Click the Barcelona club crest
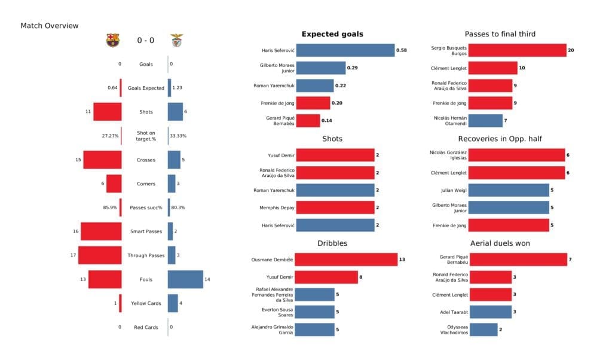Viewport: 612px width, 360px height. (112, 40)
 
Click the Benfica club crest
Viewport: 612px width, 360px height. (177, 40)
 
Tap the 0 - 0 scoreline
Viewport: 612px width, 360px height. (145, 41)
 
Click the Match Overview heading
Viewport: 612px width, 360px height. (49, 26)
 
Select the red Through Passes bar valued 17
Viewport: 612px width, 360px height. (100, 255)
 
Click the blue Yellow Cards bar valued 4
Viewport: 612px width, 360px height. (173, 303)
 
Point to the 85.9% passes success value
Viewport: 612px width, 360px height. (111, 208)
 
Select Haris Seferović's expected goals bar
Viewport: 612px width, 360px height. (345, 51)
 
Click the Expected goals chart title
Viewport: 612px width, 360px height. (332, 34)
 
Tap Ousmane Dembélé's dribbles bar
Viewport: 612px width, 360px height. (346, 260)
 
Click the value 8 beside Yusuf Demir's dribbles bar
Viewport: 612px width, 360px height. (362, 277)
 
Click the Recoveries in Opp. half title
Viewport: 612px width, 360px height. (501, 139)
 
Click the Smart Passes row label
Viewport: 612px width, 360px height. (146, 231)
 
